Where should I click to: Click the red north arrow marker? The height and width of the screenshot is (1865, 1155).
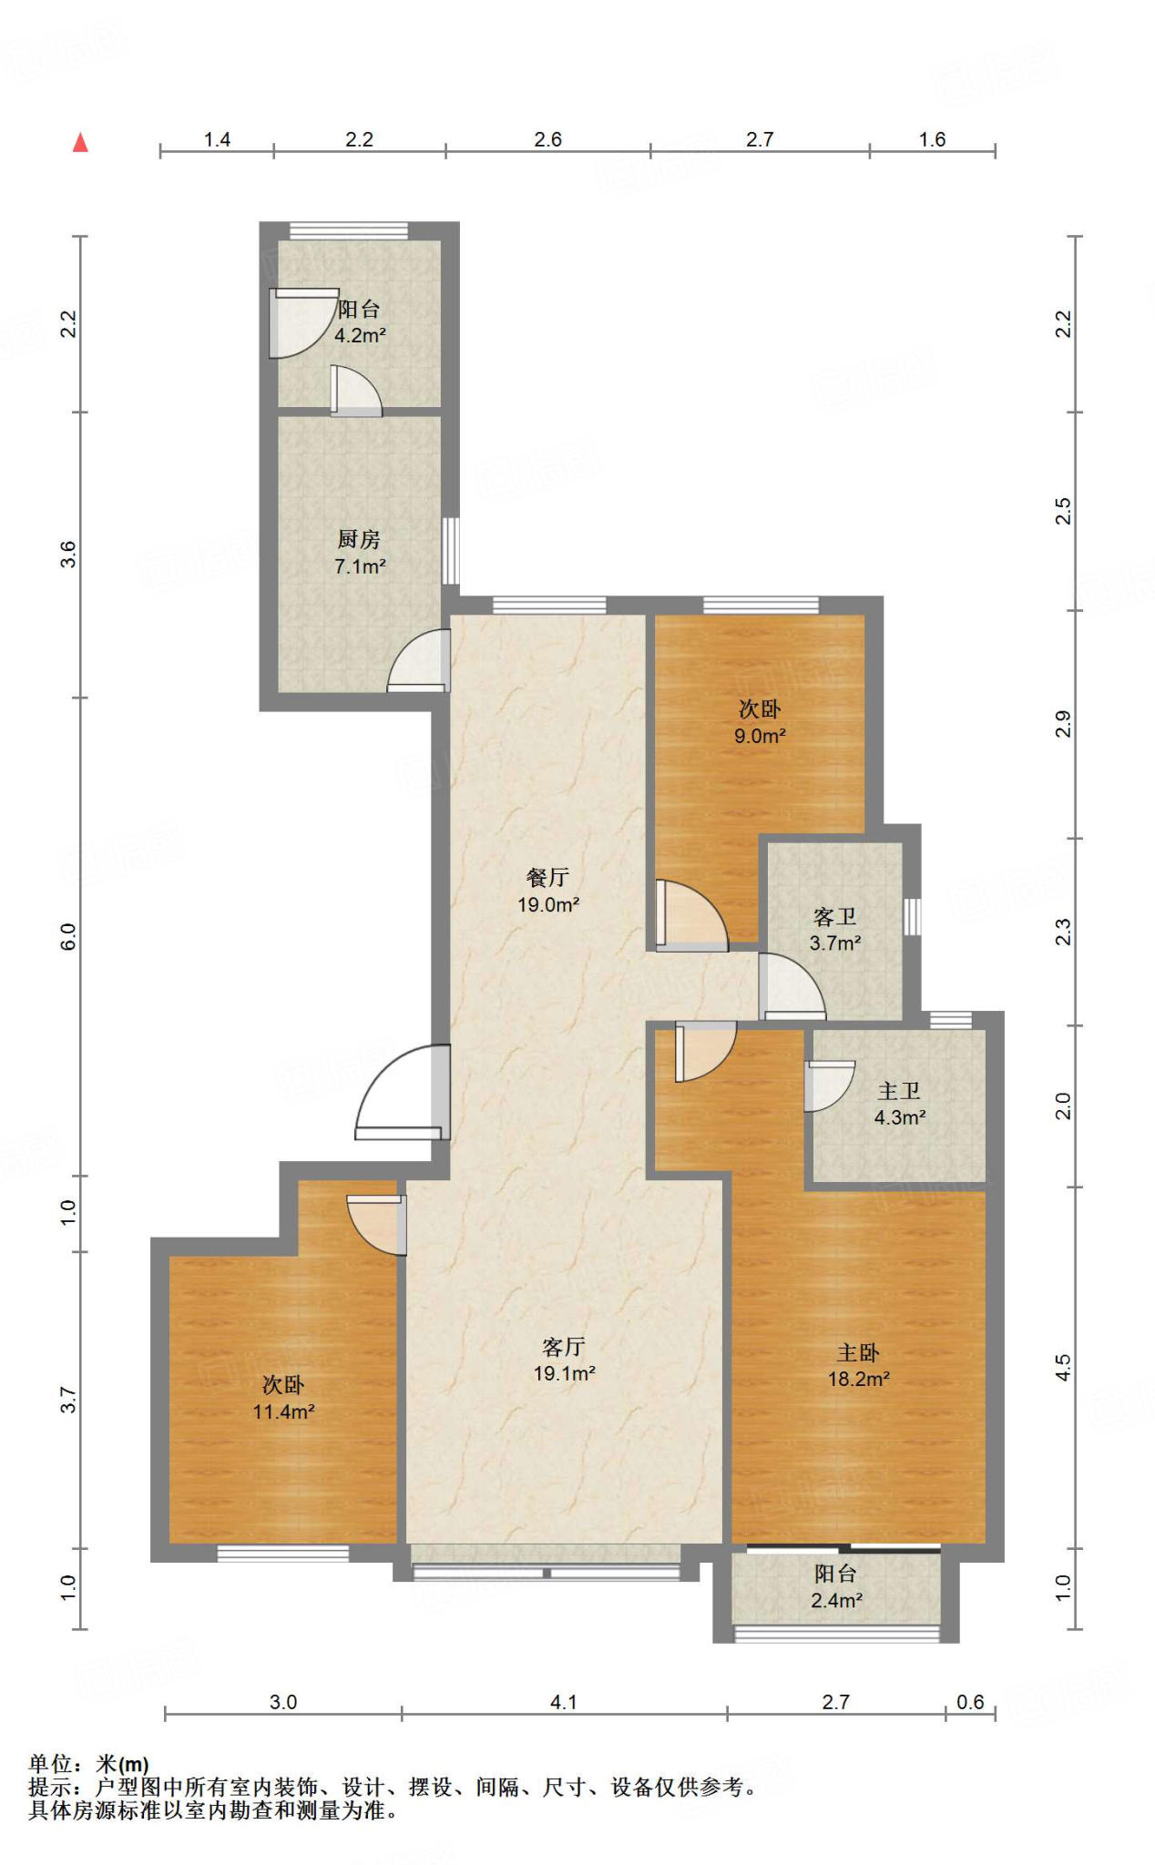pos(81,142)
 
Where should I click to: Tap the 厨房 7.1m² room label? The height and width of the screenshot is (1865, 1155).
pos(360,553)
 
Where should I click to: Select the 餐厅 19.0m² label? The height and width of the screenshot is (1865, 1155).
pos(548,891)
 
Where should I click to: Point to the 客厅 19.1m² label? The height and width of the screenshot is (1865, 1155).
pos(564,1360)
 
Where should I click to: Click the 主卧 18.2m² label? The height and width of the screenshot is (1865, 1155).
pos(858,1366)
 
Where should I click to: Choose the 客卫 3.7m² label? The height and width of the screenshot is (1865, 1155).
pos(835,930)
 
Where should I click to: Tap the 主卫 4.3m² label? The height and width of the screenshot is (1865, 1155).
pos(900,1104)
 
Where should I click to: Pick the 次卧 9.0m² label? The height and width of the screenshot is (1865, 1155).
pos(760,722)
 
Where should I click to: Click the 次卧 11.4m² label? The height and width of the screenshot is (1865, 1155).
pos(283,1398)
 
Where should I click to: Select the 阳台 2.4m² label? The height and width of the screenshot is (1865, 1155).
pos(836,1586)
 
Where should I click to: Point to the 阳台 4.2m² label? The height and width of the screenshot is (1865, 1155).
pos(360,321)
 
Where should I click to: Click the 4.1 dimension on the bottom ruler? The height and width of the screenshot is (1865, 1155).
pos(564,1702)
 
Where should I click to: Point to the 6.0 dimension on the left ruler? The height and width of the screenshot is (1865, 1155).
pos(68,936)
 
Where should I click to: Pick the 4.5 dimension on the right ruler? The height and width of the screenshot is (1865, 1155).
pos(1063,1367)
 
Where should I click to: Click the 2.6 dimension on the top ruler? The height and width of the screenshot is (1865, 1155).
pos(547,139)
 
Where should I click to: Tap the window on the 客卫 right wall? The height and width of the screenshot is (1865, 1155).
pos(912,916)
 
